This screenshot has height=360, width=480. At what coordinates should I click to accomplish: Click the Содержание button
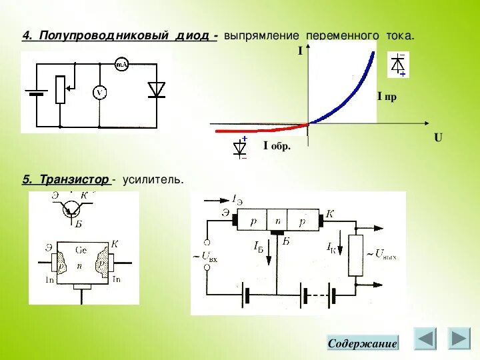tap(363, 343)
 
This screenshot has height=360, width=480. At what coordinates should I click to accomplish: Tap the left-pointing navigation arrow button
tap(425, 339)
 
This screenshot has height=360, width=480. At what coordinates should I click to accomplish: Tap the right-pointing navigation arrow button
tap(458, 339)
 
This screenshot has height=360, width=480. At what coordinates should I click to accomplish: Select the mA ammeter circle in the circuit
tap(121, 65)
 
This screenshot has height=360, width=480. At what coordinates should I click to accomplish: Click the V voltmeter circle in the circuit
tap(99, 93)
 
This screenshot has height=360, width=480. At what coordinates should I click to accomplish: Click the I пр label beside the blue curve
tap(387, 97)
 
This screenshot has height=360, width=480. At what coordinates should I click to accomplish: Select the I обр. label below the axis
tap(277, 146)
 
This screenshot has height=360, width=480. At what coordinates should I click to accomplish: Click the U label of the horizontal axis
tap(438, 138)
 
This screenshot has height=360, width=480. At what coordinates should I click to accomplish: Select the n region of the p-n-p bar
tap(279, 220)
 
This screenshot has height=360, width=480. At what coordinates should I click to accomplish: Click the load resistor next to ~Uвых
tap(355, 255)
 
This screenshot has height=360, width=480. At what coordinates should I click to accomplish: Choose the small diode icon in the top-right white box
tap(399, 65)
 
